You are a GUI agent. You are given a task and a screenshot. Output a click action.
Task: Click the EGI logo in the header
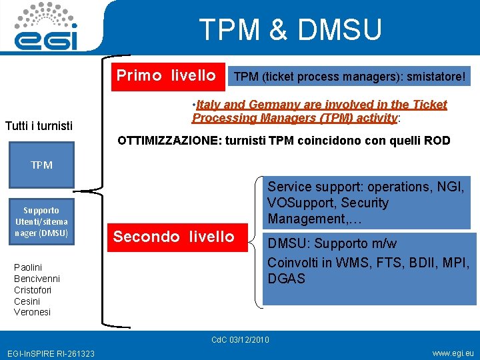tap(47, 27)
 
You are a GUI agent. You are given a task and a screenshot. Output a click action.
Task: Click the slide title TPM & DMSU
tap(291, 30)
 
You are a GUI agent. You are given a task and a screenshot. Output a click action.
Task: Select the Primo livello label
tap(166, 75)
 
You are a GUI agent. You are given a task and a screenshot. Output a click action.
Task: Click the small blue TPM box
tap(41, 165)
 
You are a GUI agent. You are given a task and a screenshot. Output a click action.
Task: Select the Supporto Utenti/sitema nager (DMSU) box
tap(41, 221)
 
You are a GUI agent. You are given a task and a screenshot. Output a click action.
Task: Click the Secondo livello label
tap(174, 237)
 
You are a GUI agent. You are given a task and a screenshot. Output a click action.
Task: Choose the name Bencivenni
tap(37, 279)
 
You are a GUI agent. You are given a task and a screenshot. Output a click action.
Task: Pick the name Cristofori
tap(33, 290)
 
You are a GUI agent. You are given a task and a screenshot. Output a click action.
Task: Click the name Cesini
tap(27, 301)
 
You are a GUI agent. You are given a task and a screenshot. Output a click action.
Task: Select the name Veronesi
tap(32, 312)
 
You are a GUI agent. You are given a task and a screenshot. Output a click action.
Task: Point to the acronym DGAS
tap(287, 279)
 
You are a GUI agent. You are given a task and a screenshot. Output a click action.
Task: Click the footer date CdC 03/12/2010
tap(240, 340)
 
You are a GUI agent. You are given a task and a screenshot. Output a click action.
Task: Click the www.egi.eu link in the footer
tap(453, 353)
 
